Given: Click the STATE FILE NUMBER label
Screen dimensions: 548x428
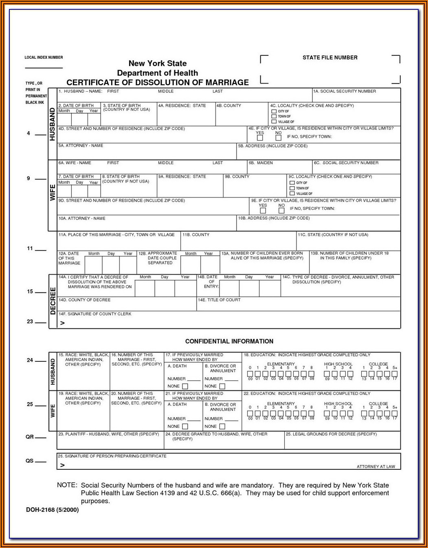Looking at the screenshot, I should point(330,58).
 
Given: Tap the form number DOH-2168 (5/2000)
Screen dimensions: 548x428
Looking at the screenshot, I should point(52,510).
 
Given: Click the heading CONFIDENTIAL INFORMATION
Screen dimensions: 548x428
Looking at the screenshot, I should point(229,341).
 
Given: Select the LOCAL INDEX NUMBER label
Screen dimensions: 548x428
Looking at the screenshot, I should point(44,57).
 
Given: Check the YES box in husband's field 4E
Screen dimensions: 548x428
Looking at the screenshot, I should point(260,138).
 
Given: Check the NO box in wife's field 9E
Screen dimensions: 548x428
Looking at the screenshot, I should point(281,211).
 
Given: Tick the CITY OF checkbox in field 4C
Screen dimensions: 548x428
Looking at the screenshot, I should point(274,111).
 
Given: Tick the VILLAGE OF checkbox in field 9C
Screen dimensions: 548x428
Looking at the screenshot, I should point(292,194).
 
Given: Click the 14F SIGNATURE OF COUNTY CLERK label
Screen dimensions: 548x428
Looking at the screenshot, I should point(95,314).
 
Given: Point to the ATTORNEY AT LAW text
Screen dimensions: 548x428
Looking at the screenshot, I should point(376,467).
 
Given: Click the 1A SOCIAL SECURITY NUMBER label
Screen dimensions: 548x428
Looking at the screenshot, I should point(345,91).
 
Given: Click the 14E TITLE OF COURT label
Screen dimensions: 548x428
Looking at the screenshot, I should point(219,300).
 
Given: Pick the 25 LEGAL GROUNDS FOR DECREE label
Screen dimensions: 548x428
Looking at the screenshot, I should point(331,434).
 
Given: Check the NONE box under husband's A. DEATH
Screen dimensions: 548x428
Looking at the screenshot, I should point(185,386).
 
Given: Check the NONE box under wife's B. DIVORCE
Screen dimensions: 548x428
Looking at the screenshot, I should point(222,427).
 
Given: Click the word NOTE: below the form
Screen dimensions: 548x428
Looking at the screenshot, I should point(67,485).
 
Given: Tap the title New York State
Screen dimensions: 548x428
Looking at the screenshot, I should point(158,64).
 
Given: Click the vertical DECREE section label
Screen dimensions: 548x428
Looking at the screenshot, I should point(53,301).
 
